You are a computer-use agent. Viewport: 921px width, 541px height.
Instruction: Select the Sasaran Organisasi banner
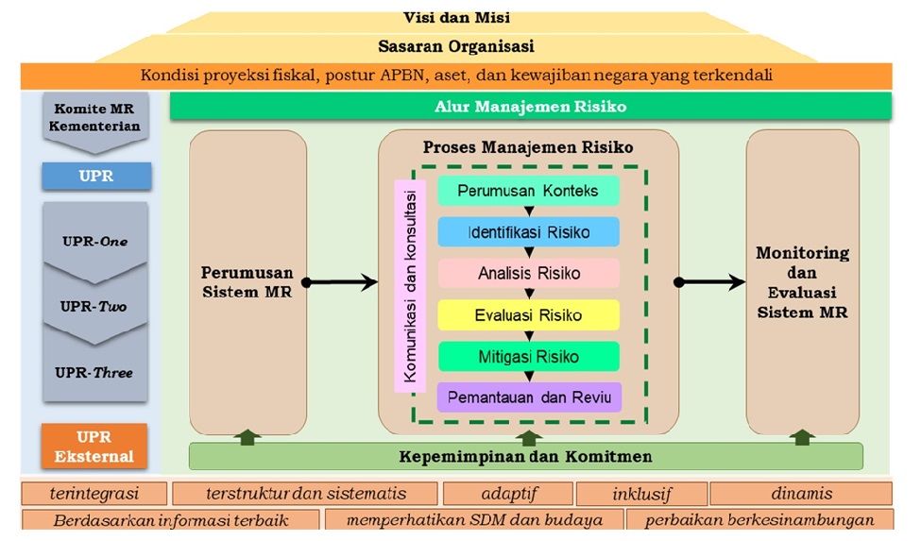pos(456,45)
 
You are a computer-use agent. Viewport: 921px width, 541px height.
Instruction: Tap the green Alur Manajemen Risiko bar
pos(530,106)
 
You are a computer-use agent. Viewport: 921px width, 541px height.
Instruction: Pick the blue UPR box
pos(95,176)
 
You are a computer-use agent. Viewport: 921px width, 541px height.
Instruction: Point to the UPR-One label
pos(95,241)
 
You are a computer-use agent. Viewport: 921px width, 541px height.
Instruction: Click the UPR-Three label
pos(95,372)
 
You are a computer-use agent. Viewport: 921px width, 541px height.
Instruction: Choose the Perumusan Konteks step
pos(528,191)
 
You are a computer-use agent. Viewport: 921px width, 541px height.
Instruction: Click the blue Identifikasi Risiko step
pos(528,232)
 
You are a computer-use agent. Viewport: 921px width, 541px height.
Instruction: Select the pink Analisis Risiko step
pos(528,274)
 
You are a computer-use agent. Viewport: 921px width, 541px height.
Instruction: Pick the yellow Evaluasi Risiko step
pos(528,315)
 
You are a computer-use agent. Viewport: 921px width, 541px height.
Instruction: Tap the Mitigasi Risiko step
pos(528,357)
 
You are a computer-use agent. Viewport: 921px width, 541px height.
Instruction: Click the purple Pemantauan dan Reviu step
pos(528,397)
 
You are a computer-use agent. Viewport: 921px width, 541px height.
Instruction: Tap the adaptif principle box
pos(506,494)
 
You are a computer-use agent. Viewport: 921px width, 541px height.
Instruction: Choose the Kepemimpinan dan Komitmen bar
pos(526,457)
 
